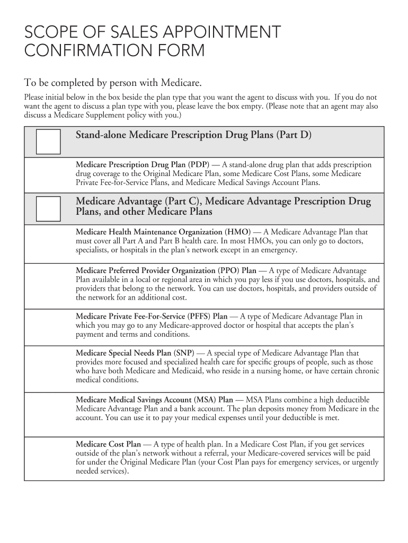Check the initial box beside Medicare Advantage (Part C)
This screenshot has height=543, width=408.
coord(48,208)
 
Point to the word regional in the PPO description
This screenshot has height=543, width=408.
coord(157,279)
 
